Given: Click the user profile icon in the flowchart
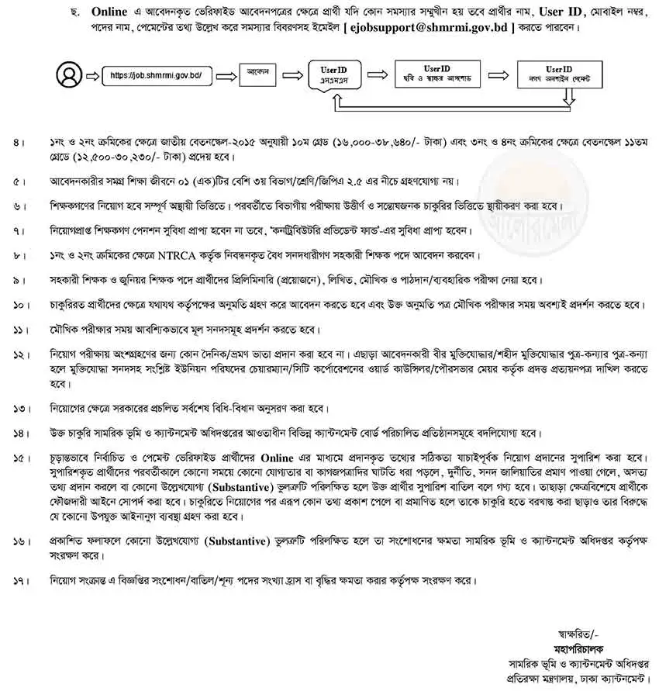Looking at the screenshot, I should (x=69, y=76).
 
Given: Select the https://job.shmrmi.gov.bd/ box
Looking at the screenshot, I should (x=156, y=76).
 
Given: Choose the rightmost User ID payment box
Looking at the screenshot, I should (x=564, y=75).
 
